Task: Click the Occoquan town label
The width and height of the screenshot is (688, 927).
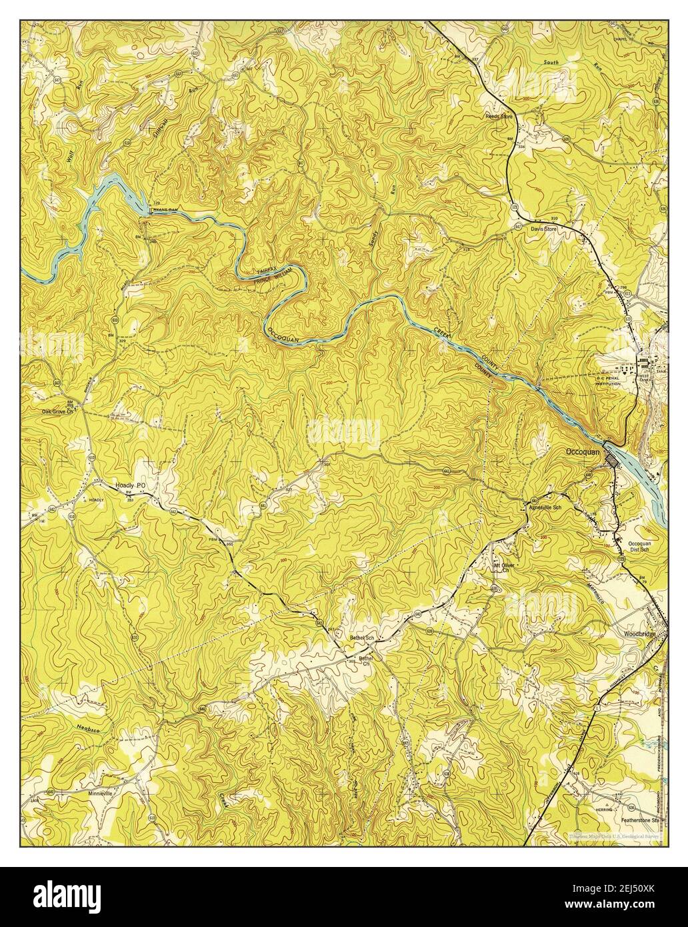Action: pyautogui.click(x=583, y=451)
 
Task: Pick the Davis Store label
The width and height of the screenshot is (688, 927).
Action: pyautogui.click(x=543, y=229)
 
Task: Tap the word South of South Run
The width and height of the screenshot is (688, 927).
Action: pyautogui.click(x=551, y=61)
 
